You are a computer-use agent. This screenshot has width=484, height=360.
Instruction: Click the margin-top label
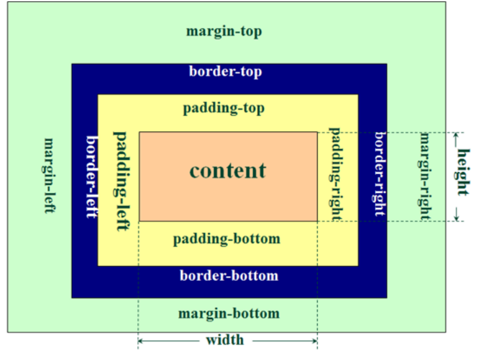pyautogui.click(x=224, y=31)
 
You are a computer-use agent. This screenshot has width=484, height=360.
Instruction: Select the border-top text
pyautogui.click(x=225, y=72)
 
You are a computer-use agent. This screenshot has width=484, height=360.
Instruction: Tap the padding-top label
pyautogui.click(x=224, y=108)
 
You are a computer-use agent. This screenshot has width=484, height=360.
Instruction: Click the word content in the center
pyautogui.click(x=228, y=171)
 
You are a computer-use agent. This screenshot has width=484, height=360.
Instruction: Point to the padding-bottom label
pyautogui.click(x=226, y=239)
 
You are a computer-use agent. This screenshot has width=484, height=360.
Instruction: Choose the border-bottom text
pyautogui.click(x=229, y=276)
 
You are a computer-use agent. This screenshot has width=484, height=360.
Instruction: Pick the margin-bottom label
pyautogui.click(x=229, y=314)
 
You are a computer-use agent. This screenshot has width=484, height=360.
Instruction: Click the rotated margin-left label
pyautogui.click(x=49, y=176)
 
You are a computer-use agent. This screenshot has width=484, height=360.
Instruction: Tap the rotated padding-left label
pyautogui.click(x=120, y=181)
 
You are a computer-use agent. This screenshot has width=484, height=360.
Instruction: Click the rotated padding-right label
pyautogui.click(x=335, y=174)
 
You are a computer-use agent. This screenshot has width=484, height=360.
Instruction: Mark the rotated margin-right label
pyautogui.click(x=424, y=176)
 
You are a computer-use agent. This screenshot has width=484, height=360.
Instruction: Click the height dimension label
pyautogui.click(x=463, y=172)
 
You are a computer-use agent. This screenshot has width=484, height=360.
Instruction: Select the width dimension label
pyautogui.click(x=225, y=340)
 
